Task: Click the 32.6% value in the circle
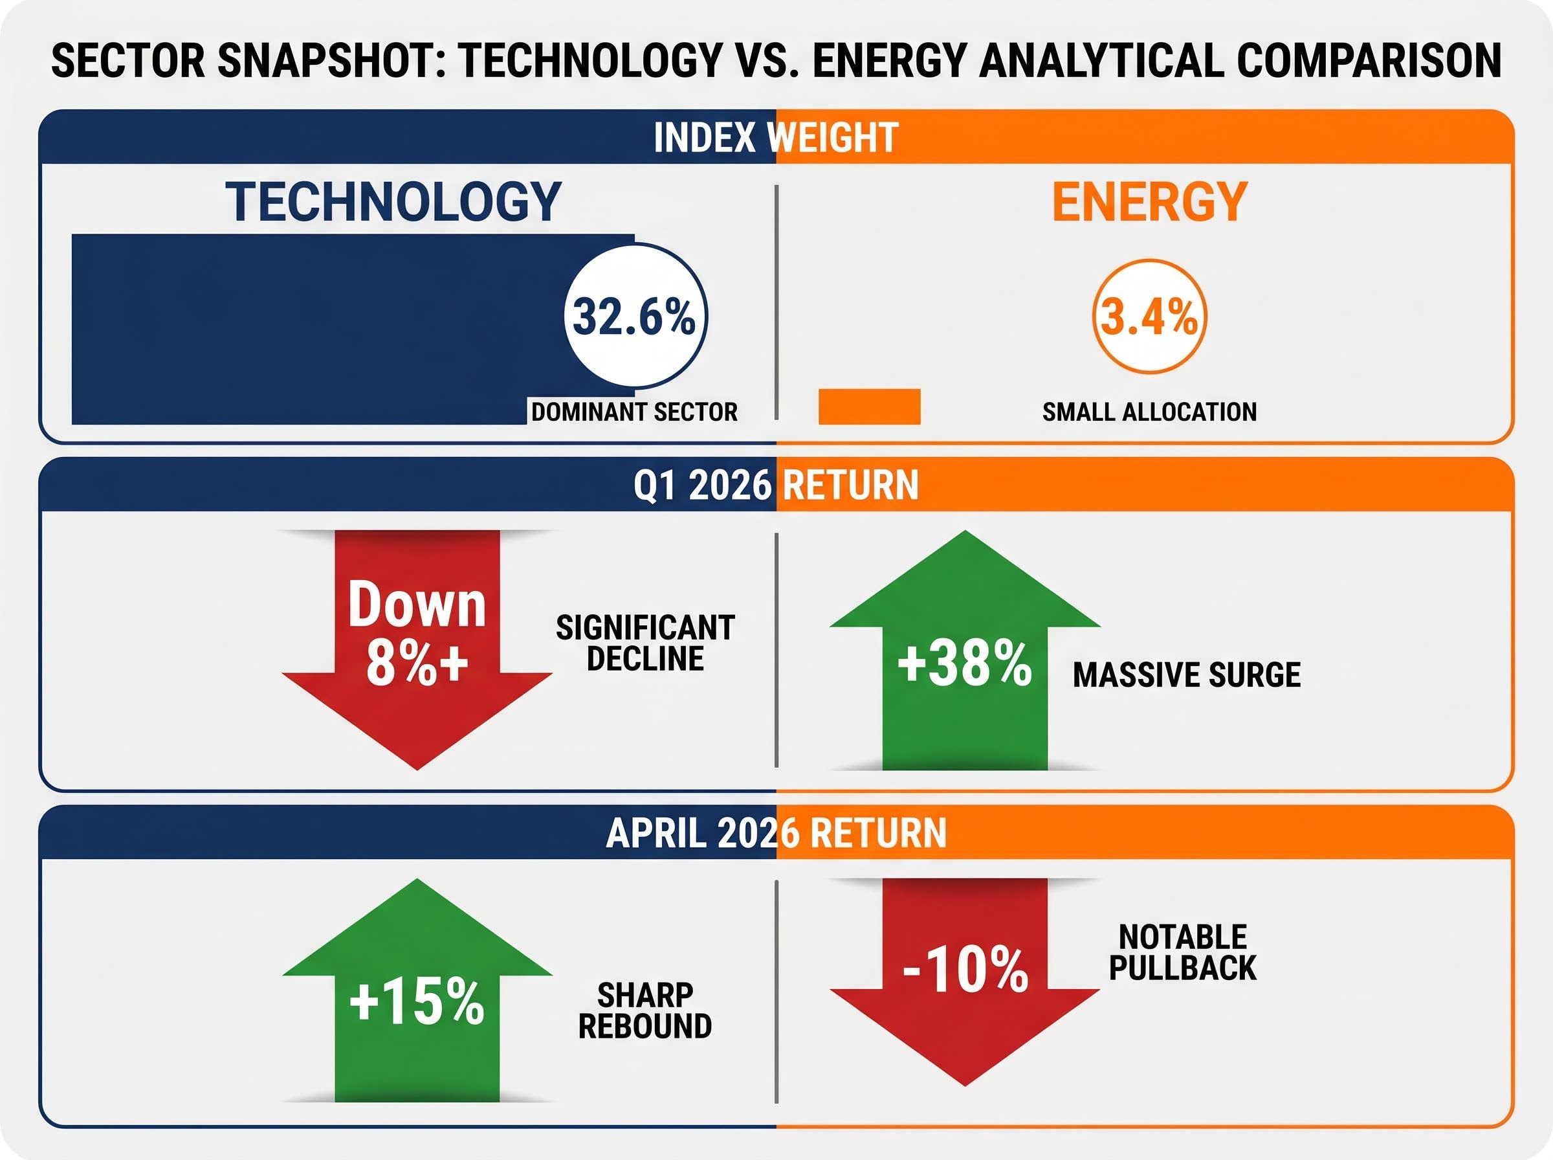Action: [634, 316]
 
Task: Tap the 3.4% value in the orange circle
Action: [1149, 316]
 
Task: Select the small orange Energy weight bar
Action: [869, 407]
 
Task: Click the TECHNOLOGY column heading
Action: [393, 202]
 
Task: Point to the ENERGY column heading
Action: [1149, 202]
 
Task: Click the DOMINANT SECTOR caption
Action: [634, 412]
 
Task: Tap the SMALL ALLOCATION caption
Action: [1149, 412]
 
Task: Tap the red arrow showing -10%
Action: [964, 969]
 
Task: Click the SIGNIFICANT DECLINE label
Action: [645, 643]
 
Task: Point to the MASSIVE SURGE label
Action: [1187, 675]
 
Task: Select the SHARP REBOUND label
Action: [645, 1011]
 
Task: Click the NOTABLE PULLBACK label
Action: [1182, 953]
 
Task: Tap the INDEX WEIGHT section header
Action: [775, 137]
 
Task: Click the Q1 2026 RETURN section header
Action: [775, 485]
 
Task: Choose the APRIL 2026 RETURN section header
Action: [775, 833]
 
